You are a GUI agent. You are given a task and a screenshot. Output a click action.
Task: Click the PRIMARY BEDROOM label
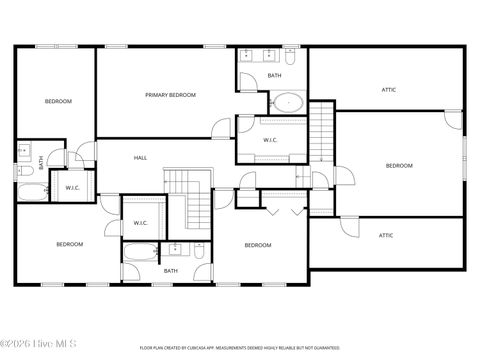[170, 95]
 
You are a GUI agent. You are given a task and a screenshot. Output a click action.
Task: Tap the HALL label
[141, 158]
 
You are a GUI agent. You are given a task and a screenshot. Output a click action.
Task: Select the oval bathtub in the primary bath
[288, 101]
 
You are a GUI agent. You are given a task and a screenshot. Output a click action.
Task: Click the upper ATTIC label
[388, 90]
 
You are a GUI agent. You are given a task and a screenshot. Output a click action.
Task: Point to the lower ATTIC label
[385, 235]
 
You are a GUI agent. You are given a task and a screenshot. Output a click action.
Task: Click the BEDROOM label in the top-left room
[57, 101]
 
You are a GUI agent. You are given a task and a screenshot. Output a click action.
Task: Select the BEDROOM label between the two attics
[399, 165]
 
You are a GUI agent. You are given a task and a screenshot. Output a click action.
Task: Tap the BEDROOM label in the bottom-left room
[69, 244]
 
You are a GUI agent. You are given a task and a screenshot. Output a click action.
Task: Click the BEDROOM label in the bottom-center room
[258, 245]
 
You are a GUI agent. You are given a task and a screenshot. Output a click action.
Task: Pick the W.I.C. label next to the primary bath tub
[270, 140]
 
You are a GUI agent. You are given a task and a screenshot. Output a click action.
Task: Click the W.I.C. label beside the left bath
[72, 187]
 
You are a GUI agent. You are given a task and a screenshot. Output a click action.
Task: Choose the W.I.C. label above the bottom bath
[140, 223]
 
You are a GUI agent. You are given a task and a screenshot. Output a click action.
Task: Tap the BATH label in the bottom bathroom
[171, 270]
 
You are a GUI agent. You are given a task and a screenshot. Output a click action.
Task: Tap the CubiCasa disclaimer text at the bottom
[240, 348]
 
